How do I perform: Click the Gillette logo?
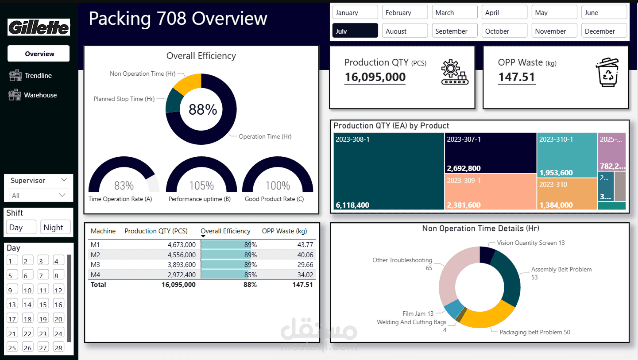[39, 27]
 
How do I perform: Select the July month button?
[355, 31]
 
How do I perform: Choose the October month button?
[505, 31]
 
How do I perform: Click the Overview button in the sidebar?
[39, 54]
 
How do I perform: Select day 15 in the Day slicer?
[43, 304]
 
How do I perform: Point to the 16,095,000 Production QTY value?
[375, 77]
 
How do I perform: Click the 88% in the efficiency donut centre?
[202, 109]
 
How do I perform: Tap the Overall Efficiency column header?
[225, 231]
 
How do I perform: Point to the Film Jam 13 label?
[418, 314]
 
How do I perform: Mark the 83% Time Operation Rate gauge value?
[124, 186]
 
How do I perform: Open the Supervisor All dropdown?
[39, 195]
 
